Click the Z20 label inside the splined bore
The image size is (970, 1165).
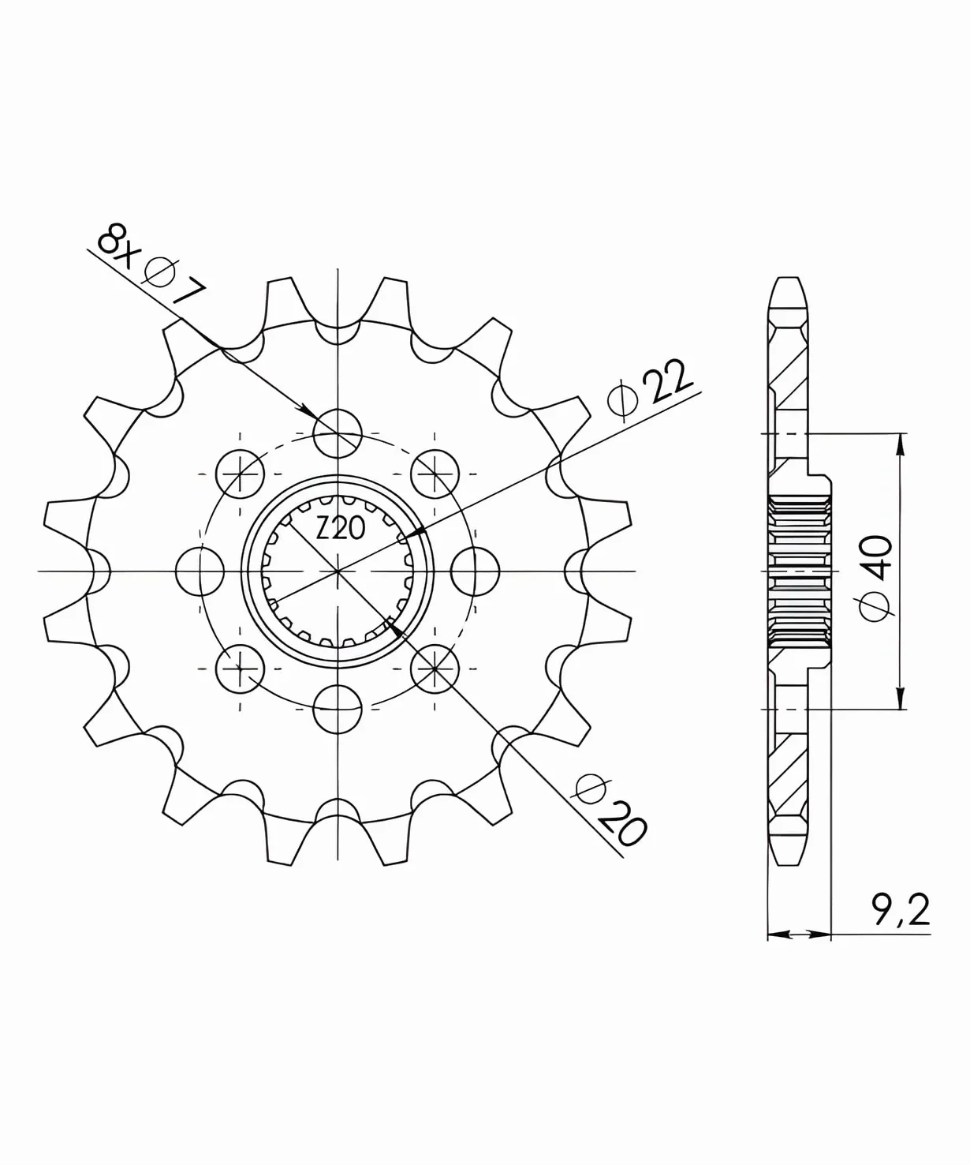click(340, 528)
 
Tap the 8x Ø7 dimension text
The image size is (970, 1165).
click(151, 267)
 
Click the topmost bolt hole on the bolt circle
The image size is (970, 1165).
click(338, 433)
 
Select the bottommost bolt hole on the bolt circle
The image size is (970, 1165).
click(338, 709)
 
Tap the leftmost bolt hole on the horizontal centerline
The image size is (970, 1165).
click(200, 571)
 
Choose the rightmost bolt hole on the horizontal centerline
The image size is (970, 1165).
click(475, 571)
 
